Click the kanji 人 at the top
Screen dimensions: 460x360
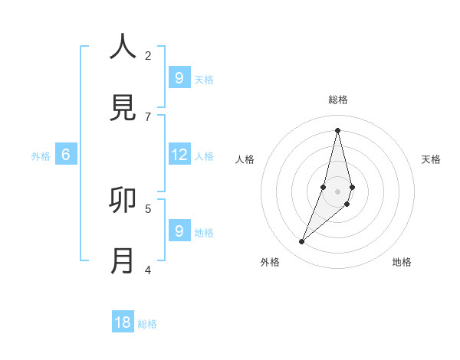click(123, 47)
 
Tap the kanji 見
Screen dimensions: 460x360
click(123, 108)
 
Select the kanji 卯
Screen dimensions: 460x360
click(123, 200)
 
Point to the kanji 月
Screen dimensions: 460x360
click(123, 261)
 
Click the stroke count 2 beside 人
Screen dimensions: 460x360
click(148, 55)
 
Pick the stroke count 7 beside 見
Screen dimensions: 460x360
click(148, 116)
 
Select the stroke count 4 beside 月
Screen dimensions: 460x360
click(148, 270)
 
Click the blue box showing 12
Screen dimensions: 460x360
click(179, 155)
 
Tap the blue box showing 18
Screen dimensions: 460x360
click(123, 322)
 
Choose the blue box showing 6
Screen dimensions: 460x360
click(66, 155)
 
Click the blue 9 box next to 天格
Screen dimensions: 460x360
click(179, 78)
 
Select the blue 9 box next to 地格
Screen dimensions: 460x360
click(179, 231)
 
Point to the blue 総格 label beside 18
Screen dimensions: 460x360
click(147, 324)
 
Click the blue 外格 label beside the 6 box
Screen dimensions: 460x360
click(41, 156)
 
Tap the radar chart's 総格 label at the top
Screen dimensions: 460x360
click(338, 100)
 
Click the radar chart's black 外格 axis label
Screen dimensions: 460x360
click(270, 262)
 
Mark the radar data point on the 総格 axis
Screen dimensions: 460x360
click(337, 130)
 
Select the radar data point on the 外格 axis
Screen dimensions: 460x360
click(302, 242)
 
